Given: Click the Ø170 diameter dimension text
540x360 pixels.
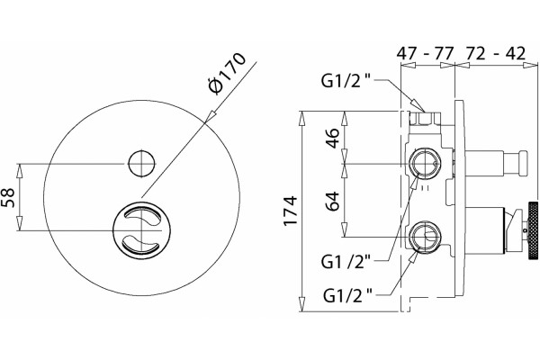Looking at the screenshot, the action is point(228,73).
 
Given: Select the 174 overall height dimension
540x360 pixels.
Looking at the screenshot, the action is point(290,210).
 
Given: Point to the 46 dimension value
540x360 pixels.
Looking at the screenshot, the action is point(332,138).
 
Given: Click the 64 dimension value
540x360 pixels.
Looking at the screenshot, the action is point(332,202).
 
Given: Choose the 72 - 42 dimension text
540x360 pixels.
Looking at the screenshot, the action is point(496,53).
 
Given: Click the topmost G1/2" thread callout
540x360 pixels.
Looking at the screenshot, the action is point(346,81).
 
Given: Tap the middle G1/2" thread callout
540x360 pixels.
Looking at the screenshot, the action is point(346,262).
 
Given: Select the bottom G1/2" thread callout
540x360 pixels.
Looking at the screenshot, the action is point(347,295).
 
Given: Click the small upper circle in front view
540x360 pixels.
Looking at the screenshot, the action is point(141,164).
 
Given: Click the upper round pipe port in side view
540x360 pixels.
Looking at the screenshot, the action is point(424,163).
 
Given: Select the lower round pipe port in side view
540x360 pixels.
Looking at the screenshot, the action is point(424,237).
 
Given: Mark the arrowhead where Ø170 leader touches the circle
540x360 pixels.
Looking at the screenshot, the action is point(210,116).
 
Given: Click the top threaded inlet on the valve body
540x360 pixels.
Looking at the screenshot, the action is point(424,118).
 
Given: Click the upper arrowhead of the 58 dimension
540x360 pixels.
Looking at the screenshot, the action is point(20,170).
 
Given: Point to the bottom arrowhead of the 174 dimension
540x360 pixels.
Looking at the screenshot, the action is point(302,305).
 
